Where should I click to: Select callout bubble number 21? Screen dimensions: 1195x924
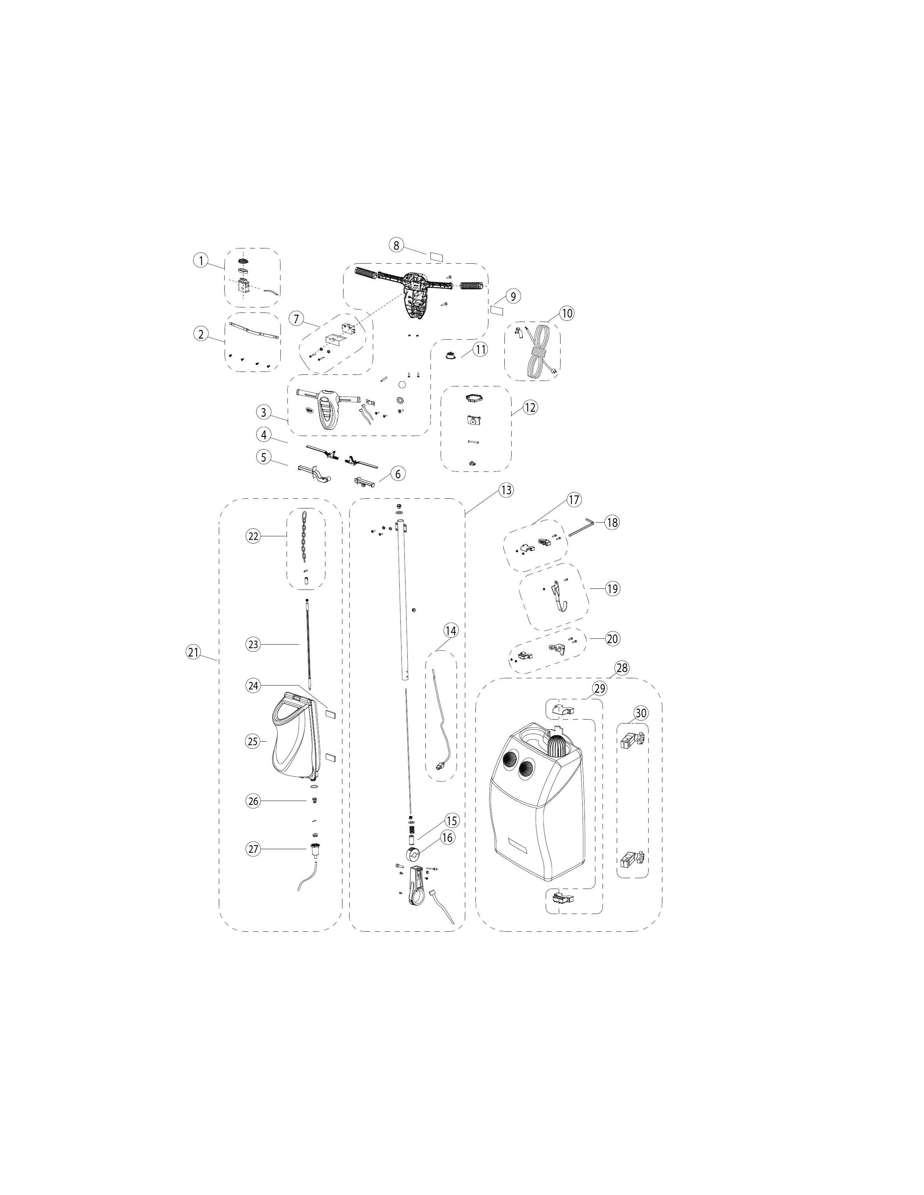point(193,652)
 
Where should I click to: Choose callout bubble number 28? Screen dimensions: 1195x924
point(622,667)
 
